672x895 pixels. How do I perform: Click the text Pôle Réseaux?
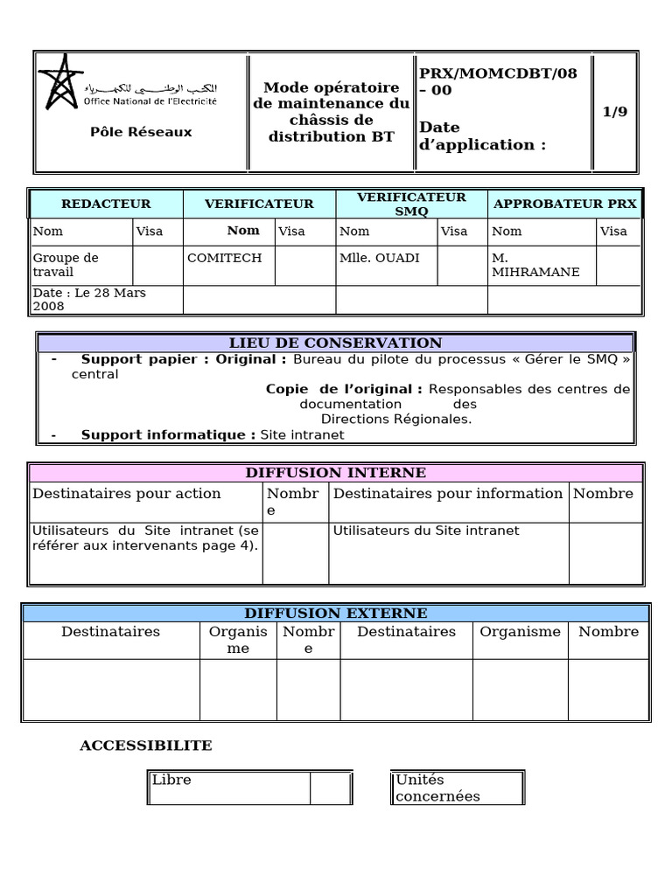(x=141, y=132)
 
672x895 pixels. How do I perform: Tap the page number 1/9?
(x=615, y=112)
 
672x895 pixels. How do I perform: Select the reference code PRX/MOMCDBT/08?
(x=498, y=73)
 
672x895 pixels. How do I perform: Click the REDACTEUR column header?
(x=106, y=204)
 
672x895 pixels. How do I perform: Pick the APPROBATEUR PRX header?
(x=565, y=204)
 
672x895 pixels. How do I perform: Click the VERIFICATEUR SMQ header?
(x=411, y=205)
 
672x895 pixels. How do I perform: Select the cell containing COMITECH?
(x=224, y=258)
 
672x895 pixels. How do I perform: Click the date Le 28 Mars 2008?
(x=89, y=300)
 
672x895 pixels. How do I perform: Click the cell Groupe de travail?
(x=66, y=265)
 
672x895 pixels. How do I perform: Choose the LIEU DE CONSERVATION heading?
(x=335, y=343)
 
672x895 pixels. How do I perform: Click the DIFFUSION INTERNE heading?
(x=335, y=473)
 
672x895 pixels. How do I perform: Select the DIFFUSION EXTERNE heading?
(x=336, y=614)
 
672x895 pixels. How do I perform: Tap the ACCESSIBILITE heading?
(x=146, y=746)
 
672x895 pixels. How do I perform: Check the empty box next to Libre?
(x=330, y=787)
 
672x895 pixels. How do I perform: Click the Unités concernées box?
(x=458, y=787)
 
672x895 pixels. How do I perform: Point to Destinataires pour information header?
(x=448, y=494)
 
